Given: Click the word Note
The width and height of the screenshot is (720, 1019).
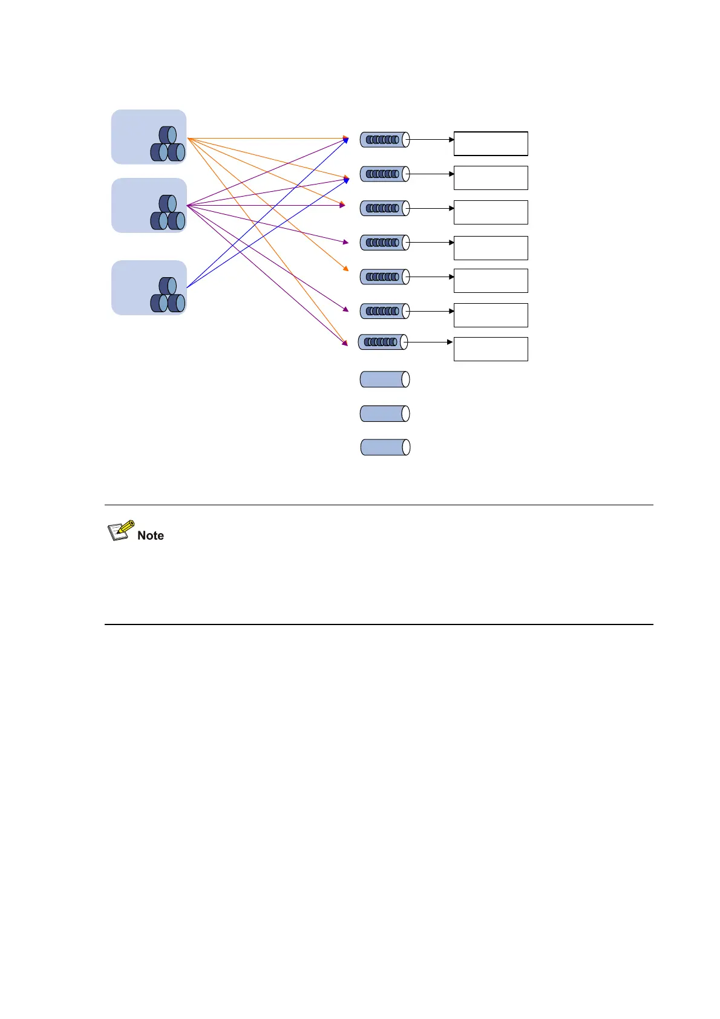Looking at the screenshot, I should [151, 536].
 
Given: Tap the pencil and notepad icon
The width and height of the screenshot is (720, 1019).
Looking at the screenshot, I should [121, 530].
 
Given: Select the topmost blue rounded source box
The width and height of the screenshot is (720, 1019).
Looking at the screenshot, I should [149, 137].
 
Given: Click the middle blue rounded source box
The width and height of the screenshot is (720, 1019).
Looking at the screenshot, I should [149, 205].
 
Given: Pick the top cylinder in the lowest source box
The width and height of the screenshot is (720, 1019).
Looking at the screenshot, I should [168, 286].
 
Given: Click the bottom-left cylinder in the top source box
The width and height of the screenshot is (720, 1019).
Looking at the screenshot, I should [159, 152].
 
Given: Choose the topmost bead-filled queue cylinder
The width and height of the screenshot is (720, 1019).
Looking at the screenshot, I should [385, 140].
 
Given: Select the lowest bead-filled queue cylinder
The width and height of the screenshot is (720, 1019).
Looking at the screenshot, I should [383, 342].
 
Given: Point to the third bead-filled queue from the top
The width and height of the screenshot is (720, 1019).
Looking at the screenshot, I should [385, 208].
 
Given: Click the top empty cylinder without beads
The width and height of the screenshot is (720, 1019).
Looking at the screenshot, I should [385, 379].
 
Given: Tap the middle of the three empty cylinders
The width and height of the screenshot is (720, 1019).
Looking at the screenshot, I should [385, 414].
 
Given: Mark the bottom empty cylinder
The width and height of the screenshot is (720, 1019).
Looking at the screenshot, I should [385, 447].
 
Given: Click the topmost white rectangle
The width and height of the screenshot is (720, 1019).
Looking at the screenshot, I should [491, 143].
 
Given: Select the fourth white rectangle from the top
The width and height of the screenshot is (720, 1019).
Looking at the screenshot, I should [491, 248].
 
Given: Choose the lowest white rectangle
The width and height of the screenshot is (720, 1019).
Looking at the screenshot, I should [491, 349].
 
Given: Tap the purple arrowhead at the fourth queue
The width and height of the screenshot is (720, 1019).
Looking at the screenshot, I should [345, 242].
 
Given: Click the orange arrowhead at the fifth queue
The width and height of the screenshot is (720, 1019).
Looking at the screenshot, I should [345, 269].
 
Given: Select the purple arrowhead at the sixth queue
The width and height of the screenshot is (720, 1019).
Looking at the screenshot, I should [345, 310].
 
